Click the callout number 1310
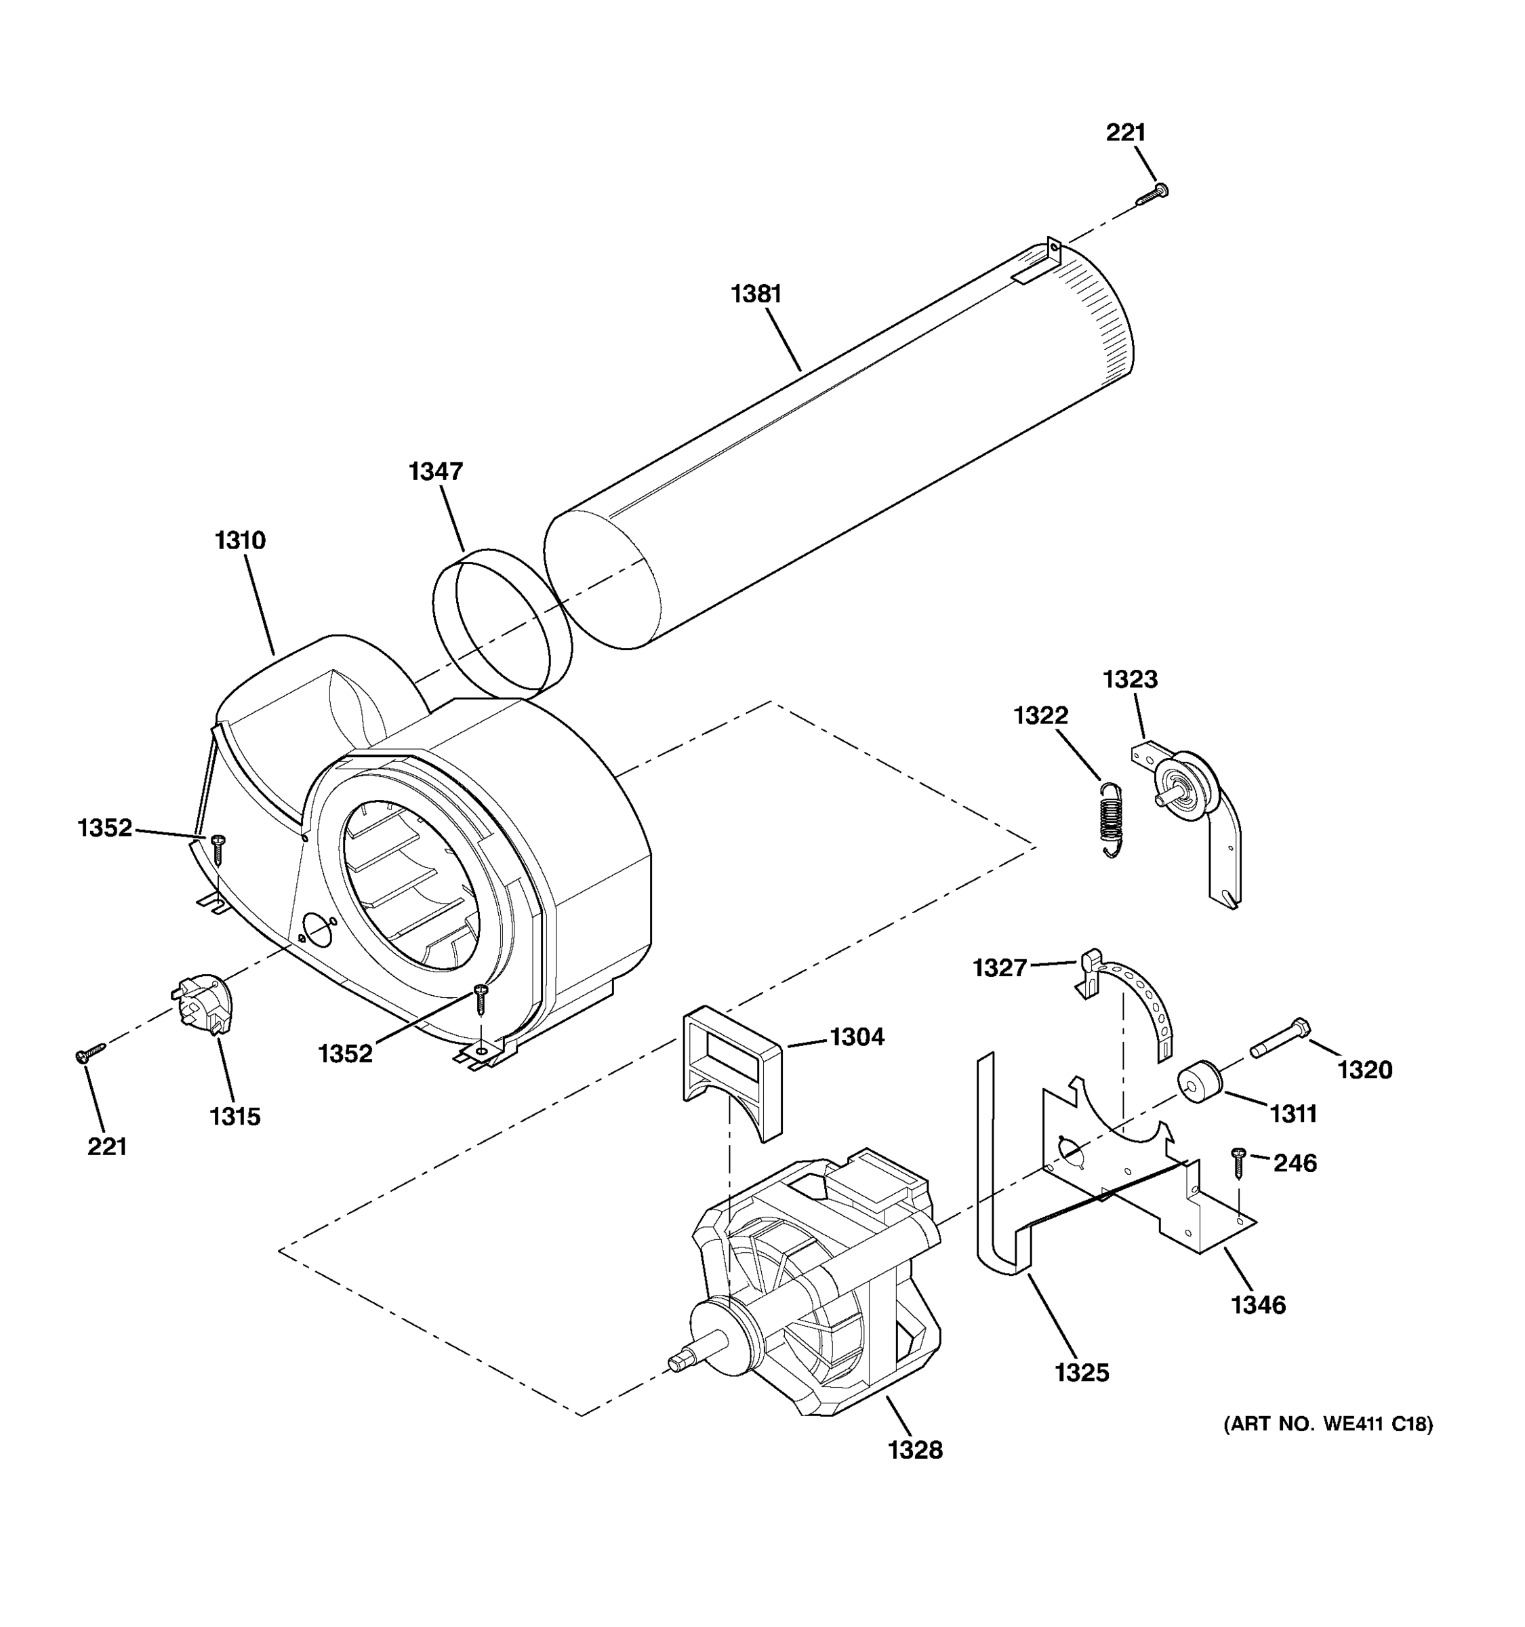[x=241, y=540]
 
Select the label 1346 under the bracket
[x=1258, y=1304]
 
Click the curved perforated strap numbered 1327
[x=1145, y=1003]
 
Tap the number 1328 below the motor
[x=915, y=1450]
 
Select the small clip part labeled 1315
[x=205, y=1003]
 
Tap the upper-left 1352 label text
[x=105, y=828]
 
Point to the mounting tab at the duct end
[x=1053, y=250]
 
